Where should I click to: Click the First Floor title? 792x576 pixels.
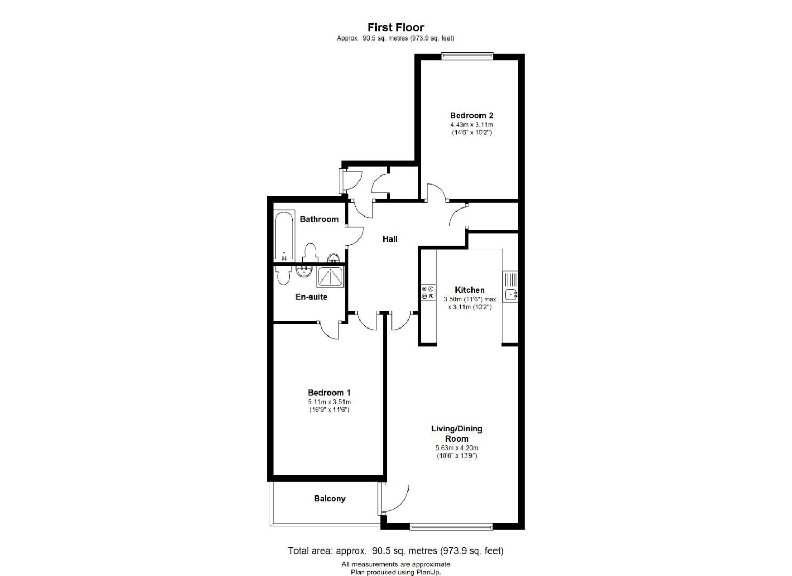tap(396, 27)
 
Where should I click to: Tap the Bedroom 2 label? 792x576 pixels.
tap(471, 115)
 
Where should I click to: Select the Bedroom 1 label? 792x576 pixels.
tap(329, 393)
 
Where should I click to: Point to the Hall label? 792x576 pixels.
tap(390, 239)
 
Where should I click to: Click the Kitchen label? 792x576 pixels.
tap(469, 290)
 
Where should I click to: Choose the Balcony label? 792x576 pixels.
tap(330, 499)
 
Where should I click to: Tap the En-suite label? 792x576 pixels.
tap(311, 297)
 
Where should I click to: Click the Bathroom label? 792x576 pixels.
tap(319, 219)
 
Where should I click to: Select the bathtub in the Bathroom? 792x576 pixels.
tap(284, 236)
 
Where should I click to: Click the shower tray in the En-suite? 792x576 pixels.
tap(331, 277)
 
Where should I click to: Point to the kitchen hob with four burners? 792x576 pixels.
tap(428, 292)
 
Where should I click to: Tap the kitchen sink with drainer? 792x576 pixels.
tap(510, 287)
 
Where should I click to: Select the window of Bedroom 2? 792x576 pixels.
tap(467, 55)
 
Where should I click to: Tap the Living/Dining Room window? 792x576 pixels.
tap(451, 527)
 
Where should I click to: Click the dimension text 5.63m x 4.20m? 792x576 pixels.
tap(457, 448)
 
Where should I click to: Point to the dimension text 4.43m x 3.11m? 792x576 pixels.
tap(471, 125)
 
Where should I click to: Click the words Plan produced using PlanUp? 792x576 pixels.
tap(396, 572)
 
